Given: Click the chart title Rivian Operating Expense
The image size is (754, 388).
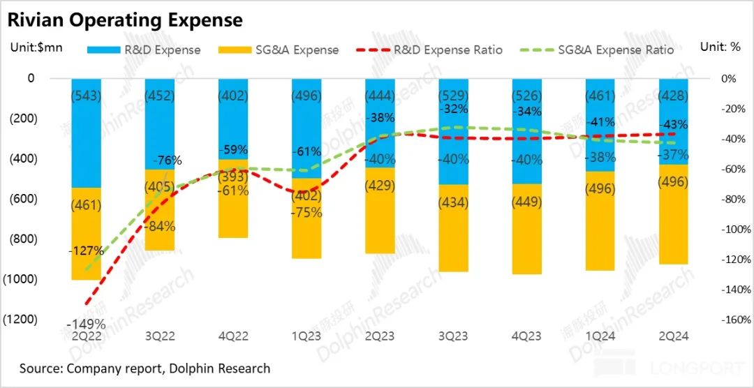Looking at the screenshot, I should (x=125, y=20).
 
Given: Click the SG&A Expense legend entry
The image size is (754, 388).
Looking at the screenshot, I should (x=279, y=50).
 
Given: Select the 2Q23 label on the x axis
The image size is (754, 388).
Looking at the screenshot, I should (x=379, y=336).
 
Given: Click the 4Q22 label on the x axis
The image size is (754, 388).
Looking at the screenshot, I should (x=232, y=336).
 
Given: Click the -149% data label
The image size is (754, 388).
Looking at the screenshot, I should (x=86, y=324).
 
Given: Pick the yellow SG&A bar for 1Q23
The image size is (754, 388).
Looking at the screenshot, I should (x=306, y=230).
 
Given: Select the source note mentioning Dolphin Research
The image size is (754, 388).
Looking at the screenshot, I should (x=145, y=368).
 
